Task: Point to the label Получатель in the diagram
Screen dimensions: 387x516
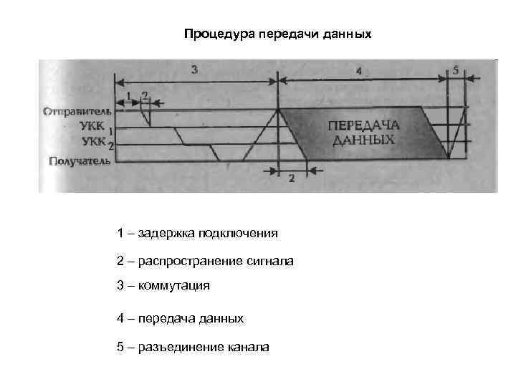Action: (79, 161)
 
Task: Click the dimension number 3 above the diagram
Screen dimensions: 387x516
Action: (195, 69)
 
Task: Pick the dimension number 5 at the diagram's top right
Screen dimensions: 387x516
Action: (456, 70)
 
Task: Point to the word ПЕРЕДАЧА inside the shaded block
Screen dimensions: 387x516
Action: (364, 125)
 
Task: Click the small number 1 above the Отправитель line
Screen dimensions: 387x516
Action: (128, 95)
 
